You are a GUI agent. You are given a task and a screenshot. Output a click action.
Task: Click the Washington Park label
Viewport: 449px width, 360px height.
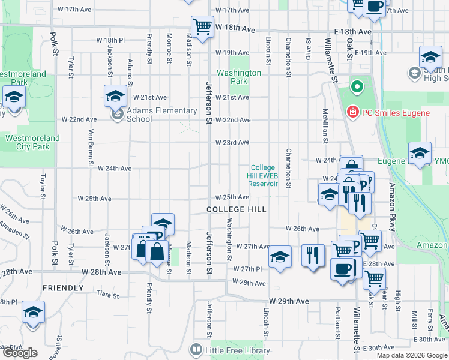(239, 77)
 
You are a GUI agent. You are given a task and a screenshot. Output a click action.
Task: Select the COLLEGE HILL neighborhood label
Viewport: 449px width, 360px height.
(236, 209)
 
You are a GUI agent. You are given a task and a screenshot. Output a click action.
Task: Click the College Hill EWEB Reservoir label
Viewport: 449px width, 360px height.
(263, 176)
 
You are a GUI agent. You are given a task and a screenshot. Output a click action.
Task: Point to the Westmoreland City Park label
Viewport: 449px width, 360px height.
(32, 142)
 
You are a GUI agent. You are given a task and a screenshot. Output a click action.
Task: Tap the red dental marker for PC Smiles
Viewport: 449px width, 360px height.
(353, 112)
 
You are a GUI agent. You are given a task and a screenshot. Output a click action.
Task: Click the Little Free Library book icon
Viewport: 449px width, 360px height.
(195, 349)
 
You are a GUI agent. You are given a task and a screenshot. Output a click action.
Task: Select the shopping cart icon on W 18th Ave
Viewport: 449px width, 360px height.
(203, 26)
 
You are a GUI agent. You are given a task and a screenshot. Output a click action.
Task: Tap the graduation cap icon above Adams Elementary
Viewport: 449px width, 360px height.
(115, 95)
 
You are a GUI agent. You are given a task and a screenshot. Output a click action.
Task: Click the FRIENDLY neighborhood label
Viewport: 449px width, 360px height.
(63, 288)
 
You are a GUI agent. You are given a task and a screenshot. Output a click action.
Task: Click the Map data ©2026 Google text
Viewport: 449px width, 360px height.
(411, 355)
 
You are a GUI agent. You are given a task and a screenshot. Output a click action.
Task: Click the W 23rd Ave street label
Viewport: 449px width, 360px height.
(232, 142)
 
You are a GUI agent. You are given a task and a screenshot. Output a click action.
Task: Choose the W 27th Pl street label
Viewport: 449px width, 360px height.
(248, 269)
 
